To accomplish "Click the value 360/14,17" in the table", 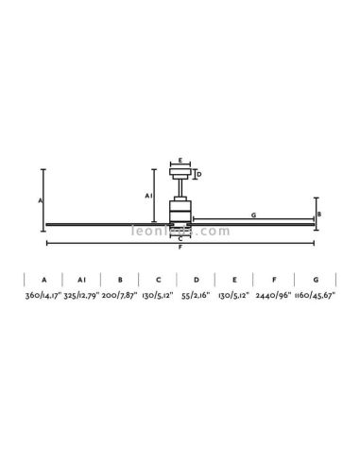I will tap(43, 296).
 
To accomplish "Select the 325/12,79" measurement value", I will tap(82, 296).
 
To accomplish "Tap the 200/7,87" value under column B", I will tap(121, 296).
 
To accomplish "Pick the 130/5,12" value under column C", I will tap(159, 296).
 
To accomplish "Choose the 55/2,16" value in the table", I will tap(197, 296).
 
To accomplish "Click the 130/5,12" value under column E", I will tap(234, 296).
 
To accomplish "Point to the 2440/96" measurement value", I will tap(274, 296).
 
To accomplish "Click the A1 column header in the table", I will tap(82, 280).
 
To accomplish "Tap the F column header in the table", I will tap(274, 280).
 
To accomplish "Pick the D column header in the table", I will tap(197, 280).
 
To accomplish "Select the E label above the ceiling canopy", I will tap(180, 162).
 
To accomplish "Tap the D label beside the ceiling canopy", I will tap(198, 174).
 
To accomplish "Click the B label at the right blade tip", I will tap(319, 215).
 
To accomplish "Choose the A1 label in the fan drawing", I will tap(148, 195).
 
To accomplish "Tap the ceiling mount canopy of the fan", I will tap(180, 174).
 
